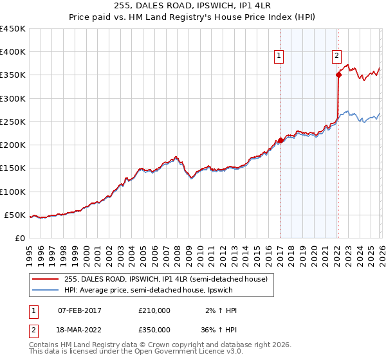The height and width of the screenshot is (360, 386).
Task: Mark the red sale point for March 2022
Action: (x=338, y=75)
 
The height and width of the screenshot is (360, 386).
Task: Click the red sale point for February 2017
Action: (x=280, y=139)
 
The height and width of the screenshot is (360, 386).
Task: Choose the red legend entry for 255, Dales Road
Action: (x=161, y=278)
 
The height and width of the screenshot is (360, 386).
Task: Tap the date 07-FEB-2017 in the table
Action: (x=80, y=310)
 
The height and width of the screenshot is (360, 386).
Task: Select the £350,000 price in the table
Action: (x=154, y=329)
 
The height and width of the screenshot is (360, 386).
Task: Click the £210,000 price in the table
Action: (x=154, y=310)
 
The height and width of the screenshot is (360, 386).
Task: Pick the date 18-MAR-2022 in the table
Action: (x=80, y=329)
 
